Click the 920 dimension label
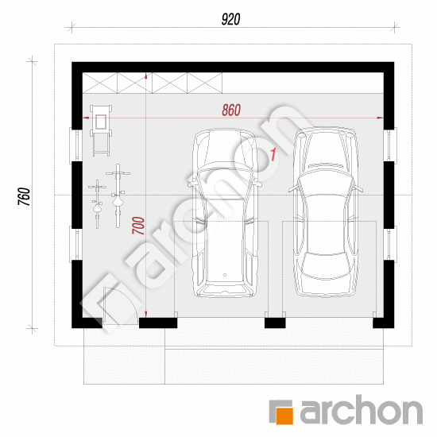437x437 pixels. (230, 20)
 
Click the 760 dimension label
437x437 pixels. (24, 196)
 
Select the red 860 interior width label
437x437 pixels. (231, 110)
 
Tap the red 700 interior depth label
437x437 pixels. (138, 226)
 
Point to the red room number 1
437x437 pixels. (273, 154)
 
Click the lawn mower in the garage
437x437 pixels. (101, 130)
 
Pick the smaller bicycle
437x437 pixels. (97, 204)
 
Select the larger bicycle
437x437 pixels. (118, 195)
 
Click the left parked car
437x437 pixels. (225, 213)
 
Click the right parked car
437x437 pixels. (326, 212)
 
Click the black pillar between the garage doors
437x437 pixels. (275, 323)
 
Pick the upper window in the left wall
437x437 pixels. (75, 145)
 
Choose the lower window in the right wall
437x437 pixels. (390, 244)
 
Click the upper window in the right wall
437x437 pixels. (390, 145)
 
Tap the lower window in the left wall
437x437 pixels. (75, 244)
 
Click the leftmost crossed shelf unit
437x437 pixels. (100, 83)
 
